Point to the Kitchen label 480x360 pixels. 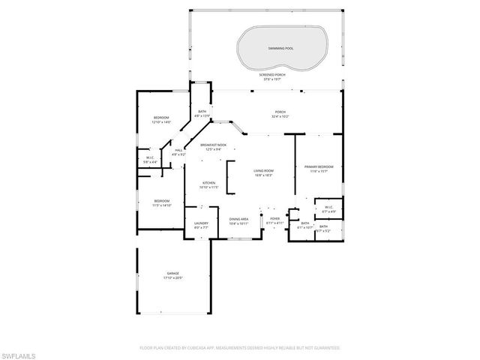208,184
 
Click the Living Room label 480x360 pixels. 262,172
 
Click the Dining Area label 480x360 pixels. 239,221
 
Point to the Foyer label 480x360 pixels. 275,220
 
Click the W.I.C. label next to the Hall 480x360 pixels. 150,160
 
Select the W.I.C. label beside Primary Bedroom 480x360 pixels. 327,208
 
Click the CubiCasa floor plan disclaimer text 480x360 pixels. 240,348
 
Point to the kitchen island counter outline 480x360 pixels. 229,178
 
